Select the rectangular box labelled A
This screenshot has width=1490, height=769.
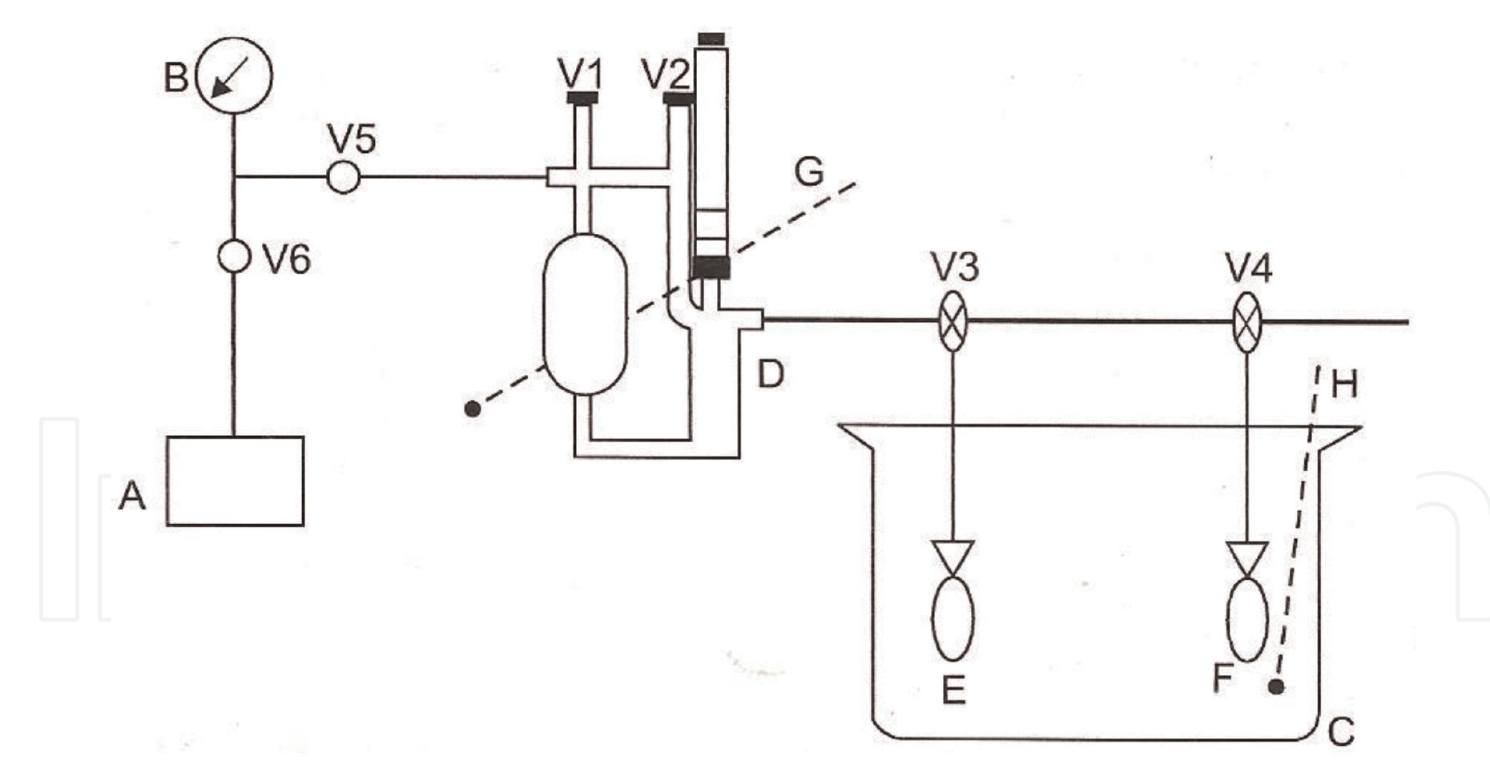235,481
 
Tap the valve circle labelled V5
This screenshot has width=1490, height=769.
344,177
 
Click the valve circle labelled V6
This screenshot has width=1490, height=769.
234,256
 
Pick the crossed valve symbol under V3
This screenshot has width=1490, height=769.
952,321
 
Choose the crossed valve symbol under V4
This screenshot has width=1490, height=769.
1246,323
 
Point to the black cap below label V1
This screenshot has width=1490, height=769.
582,98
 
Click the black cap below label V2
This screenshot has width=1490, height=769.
679,100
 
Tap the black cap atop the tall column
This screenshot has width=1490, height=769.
711,38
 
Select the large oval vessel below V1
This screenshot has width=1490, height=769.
585,314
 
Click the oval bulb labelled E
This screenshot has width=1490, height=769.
952,618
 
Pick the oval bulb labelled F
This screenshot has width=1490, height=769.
1247,618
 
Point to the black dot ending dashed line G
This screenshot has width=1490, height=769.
473,409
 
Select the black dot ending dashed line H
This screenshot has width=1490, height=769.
1277,686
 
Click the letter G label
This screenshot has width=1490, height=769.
809,171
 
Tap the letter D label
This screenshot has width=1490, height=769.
771,374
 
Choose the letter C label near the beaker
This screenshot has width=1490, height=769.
1341,731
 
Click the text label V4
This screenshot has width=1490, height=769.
1248,268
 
